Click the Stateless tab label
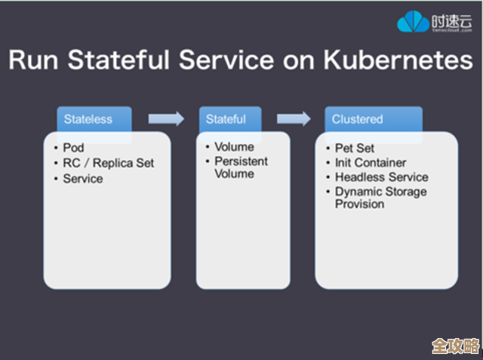pyautogui.click(x=88, y=118)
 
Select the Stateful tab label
pyautogui.click(x=226, y=118)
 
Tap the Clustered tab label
pyautogui.click(x=358, y=118)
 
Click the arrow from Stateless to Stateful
pyautogui.click(x=166, y=118)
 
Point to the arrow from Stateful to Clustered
pyautogui.click(x=294, y=118)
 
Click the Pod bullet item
pyautogui.click(x=73, y=148)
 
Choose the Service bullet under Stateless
pyautogui.click(x=82, y=179)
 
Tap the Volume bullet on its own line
pyautogui.click(x=234, y=147)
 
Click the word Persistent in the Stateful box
pyautogui.click(x=241, y=162)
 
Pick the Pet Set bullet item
pyautogui.click(x=355, y=148)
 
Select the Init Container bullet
pyautogui.click(x=371, y=162)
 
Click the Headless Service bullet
pyautogui.click(x=381, y=177)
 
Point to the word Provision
pyautogui.click(x=360, y=204)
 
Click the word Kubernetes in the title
pyautogui.click(x=397, y=60)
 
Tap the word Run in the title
pyautogui.click(x=36, y=60)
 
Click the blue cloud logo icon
pyautogui.click(x=413, y=22)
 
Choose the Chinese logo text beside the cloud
pyautogui.click(x=451, y=19)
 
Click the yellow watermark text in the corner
pyautogui.click(x=455, y=346)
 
